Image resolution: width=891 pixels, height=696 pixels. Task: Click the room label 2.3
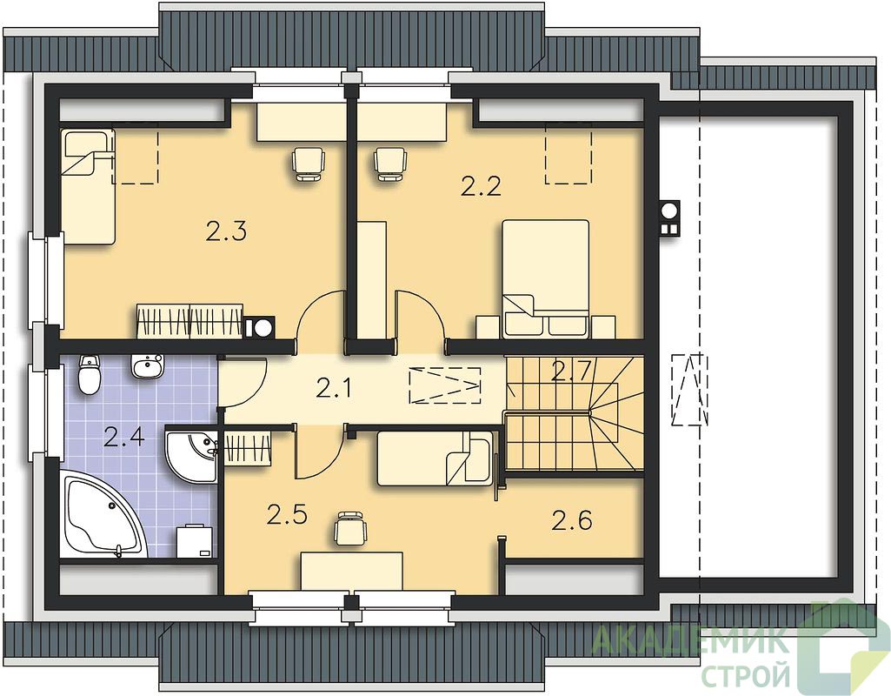click(x=226, y=232)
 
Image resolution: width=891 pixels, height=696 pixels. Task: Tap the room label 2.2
click(x=481, y=186)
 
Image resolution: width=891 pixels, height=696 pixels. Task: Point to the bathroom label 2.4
click(x=124, y=439)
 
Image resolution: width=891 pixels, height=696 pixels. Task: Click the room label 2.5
click(x=287, y=515)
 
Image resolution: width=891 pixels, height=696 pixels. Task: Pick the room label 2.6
click(x=572, y=520)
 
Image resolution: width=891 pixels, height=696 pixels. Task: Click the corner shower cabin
click(x=192, y=456)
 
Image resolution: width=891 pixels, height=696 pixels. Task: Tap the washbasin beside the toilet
click(x=149, y=365)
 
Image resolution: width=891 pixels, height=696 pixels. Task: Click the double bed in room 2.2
click(x=546, y=278)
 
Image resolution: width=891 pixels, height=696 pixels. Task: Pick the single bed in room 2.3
click(x=89, y=187)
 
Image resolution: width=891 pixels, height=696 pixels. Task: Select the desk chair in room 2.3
click(x=309, y=163)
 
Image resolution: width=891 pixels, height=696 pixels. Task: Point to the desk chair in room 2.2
click(x=390, y=163)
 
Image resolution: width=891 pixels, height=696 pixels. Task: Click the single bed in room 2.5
click(x=436, y=458)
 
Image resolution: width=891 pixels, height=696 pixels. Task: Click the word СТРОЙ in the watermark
click(x=746, y=675)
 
